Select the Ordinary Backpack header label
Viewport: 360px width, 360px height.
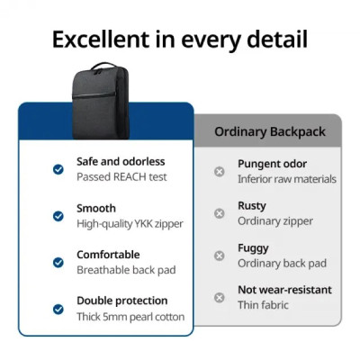268,131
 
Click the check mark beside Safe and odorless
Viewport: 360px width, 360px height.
58,169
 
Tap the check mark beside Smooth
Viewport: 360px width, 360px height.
58,216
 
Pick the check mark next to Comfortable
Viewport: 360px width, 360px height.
58,263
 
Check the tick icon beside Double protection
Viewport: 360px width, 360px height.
58,309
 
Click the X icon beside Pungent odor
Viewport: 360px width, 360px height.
220,171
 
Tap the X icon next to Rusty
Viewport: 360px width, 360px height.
220,213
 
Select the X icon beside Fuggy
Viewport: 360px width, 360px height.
220,256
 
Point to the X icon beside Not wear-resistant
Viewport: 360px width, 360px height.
220,297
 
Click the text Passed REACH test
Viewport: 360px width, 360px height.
121,177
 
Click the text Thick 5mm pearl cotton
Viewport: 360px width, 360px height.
130,317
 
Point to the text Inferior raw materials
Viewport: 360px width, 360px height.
286,179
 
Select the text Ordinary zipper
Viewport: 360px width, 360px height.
275,221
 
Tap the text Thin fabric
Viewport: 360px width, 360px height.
264,305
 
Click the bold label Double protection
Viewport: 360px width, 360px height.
121,301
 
